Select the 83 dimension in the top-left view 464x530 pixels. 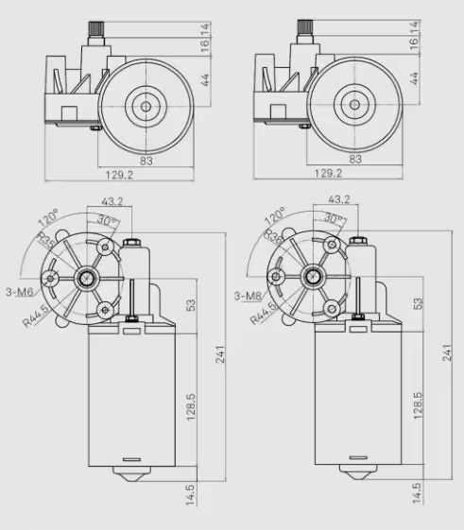(x=146, y=160)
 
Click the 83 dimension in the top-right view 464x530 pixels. (x=355, y=160)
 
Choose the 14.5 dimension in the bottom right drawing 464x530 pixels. (x=418, y=492)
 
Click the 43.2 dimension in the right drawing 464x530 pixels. (x=338, y=199)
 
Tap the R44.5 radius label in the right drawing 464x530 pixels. (x=264, y=312)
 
